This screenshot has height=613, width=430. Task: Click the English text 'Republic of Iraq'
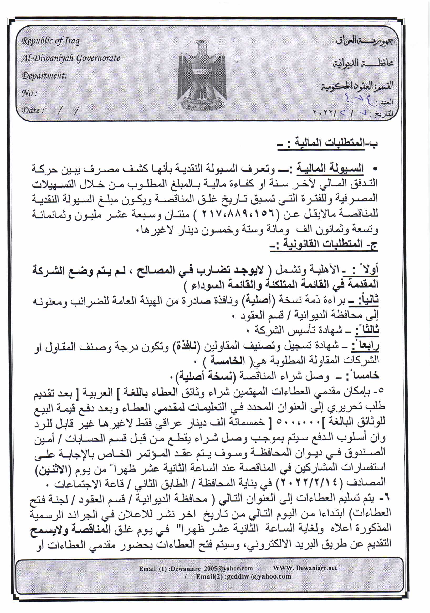pos(50,41)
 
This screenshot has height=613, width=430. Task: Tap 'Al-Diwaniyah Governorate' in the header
pos(71,58)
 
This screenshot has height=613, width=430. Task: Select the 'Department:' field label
pos(44,76)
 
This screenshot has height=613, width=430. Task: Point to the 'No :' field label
pos(29,93)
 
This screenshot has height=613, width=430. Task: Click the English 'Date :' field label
pos(33,111)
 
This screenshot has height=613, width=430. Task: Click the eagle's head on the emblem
pos(201,45)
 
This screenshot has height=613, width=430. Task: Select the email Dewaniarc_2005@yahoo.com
pos(211,569)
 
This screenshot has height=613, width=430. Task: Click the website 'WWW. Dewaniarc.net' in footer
pos(305,568)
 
